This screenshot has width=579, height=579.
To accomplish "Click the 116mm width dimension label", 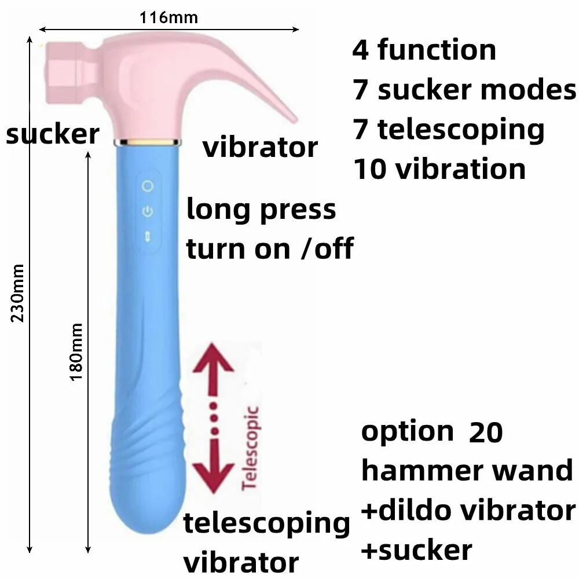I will [x=168, y=17].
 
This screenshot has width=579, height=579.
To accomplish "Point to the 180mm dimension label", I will [x=76, y=351].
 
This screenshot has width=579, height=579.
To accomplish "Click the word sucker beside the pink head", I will [x=52, y=134].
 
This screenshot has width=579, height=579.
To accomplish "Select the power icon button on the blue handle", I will [x=148, y=211].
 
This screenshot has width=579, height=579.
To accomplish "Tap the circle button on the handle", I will [x=148, y=186].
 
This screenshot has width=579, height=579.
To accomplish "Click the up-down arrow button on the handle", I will [x=148, y=234].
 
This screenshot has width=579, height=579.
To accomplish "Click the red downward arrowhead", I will [x=214, y=475].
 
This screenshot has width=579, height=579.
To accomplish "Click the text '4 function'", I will [x=424, y=50].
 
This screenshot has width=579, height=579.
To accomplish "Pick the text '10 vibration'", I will [x=439, y=170].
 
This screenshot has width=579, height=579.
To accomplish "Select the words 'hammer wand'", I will [x=467, y=471].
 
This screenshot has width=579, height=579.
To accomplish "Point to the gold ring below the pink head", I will [x=148, y=141].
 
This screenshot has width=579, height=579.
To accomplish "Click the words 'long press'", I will [x=261, y=210].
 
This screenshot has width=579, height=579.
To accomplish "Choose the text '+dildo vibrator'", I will [x=468, y=511].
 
